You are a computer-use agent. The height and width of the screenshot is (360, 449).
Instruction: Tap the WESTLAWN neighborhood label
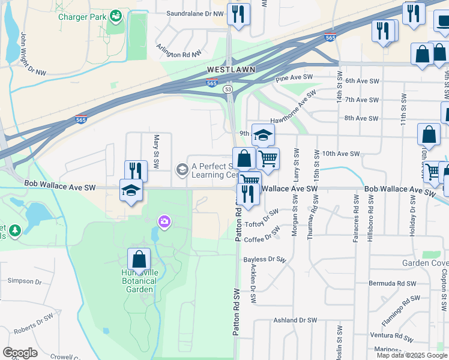231,70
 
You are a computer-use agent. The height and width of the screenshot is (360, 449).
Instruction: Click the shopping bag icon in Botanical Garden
139,260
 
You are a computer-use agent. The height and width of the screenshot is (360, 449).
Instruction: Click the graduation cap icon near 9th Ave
263,135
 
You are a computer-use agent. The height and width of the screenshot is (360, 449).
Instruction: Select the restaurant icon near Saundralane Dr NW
238,14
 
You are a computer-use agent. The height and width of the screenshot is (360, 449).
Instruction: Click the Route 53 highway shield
228,89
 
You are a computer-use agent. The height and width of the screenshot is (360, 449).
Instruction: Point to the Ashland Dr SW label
294,320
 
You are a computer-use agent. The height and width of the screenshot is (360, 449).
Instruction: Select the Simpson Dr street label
24,281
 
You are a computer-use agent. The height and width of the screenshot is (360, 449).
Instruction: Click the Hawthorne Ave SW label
292,108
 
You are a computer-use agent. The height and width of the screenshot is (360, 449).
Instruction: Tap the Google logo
20,353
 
